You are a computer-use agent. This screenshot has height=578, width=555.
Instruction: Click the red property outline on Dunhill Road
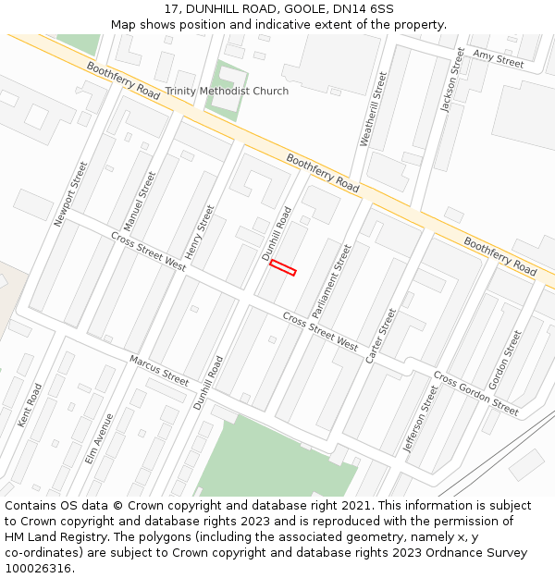(x=282, y=268)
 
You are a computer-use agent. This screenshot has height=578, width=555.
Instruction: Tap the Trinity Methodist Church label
(x=227, y=92)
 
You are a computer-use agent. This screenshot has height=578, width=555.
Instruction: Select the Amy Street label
(x=498, y=59)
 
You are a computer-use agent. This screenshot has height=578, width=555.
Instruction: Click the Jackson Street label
(x=452, y=80)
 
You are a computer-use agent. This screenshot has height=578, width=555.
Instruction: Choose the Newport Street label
(x=70, y=194)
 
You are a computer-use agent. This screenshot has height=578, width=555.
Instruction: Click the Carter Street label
(x=380, y=336)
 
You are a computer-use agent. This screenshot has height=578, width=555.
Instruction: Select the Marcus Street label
(x=158, y=370)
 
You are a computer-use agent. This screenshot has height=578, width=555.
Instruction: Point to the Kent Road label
(x=30, y=404)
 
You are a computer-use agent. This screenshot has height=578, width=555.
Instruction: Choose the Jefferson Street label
(x=421, y=419)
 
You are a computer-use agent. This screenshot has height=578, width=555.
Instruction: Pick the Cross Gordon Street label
(x=475, y=393)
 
